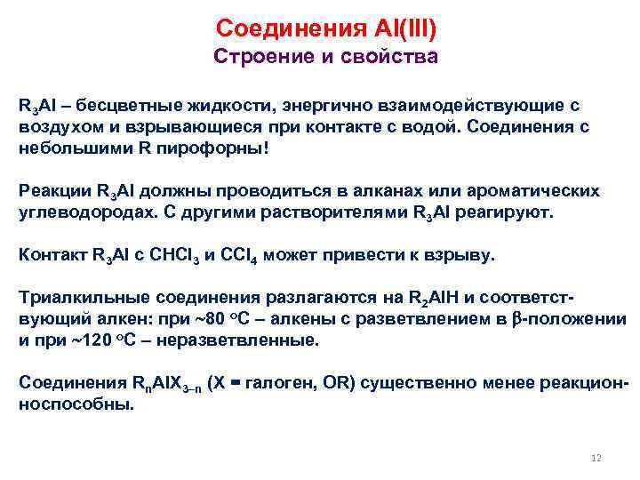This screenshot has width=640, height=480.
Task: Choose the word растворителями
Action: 338,212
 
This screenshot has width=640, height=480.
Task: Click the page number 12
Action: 596,458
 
